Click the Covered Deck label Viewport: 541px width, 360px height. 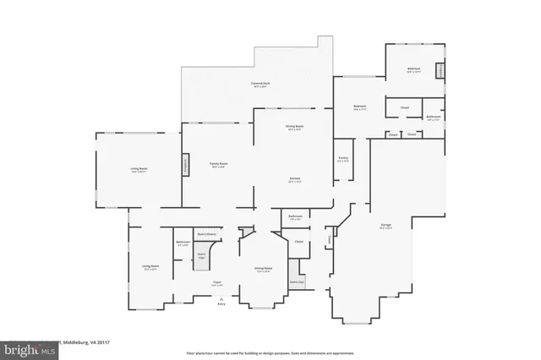point(260,84)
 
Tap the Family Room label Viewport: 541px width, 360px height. point(220,165)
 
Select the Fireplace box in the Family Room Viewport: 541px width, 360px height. point(186,166)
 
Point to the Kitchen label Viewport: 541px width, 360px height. point(295,179)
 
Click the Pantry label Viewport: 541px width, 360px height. point(343,158)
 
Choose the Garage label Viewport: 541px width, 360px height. point(385,225)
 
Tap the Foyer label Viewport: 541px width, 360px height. point(216,283)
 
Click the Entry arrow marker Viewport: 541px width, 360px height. point(221,299)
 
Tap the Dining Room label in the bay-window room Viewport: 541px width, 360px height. point(262,270)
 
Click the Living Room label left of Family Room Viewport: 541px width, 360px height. point(139,171)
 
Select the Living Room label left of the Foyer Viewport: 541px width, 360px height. point(150,268)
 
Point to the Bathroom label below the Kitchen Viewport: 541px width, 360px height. point(295,218)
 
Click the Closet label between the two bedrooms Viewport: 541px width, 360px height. point(405,107)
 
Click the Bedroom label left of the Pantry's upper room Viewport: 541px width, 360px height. point(359,106)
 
